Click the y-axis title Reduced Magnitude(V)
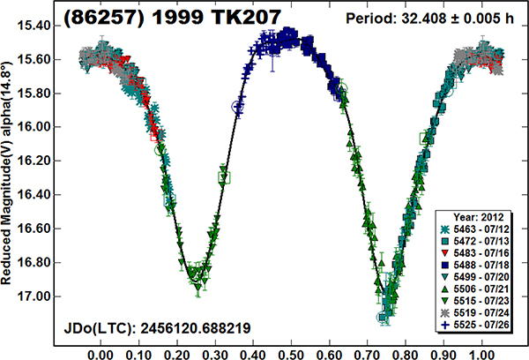[8, 176]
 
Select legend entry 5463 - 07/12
[481, 229]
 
